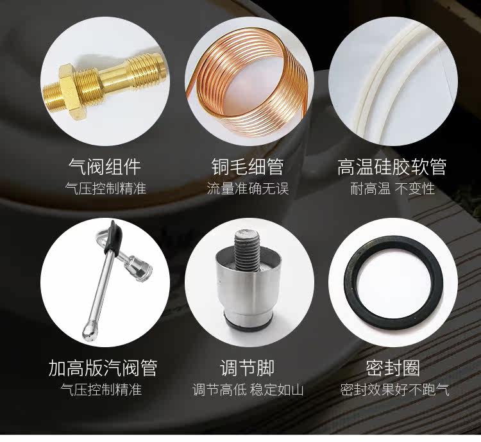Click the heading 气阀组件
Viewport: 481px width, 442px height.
click(105, 167)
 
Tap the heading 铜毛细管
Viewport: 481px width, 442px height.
click(248, 167)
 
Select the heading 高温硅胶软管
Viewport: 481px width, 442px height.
click(392, 167)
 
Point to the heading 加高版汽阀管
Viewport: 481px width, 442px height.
click(103, 368)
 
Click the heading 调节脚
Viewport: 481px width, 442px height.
click(247, 368)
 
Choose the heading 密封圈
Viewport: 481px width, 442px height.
click(392, 368)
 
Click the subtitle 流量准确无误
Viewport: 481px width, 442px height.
click(248, 189)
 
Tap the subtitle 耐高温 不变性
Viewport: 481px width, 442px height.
click(392, 189)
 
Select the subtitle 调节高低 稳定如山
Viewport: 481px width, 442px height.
click(248, 390)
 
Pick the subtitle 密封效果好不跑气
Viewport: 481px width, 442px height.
click(394, 390)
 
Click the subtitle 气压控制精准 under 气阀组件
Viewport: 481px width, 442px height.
click(106, 189)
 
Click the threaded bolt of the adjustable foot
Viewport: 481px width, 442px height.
click(248, 250)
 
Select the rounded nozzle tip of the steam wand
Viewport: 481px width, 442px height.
click(90, 332)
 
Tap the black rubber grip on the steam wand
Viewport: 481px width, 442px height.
click(114, 238)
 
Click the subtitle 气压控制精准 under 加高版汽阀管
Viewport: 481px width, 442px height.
click(101, 390)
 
